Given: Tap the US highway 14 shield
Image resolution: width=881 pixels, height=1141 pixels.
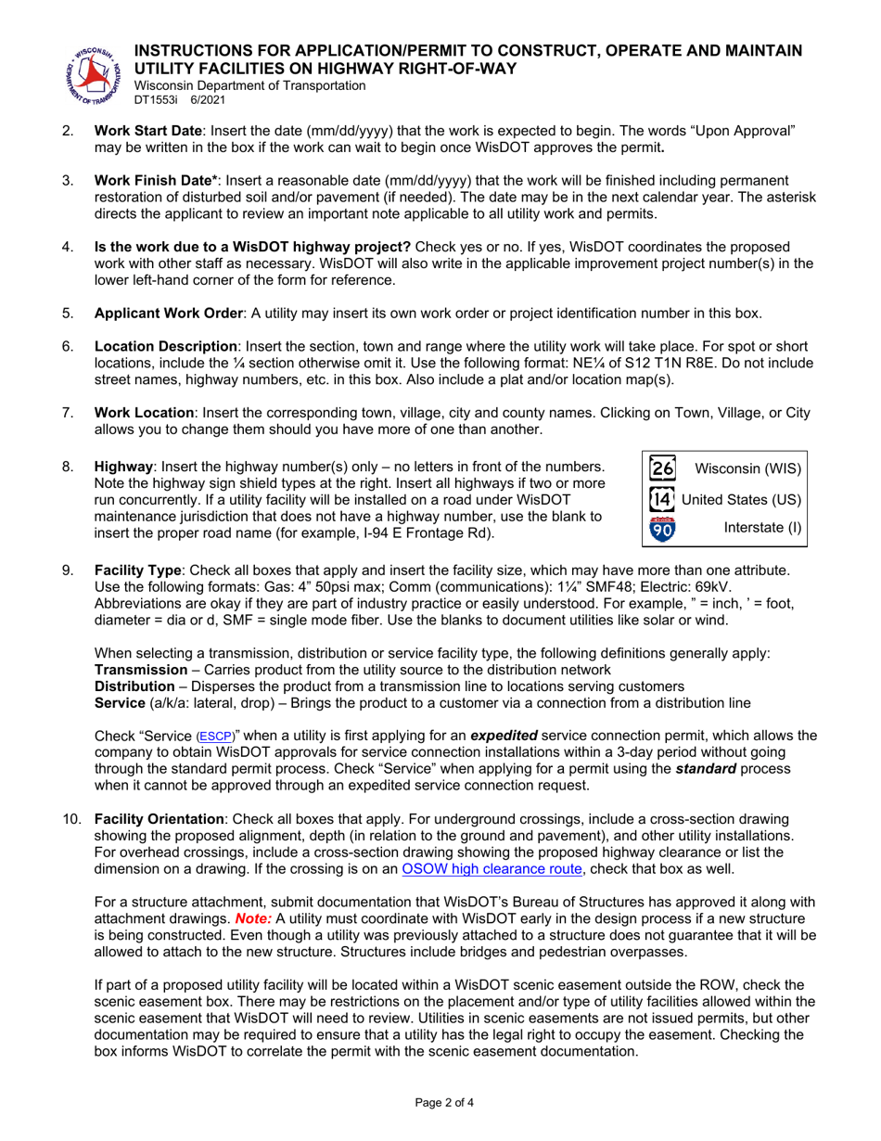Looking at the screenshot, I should tap(662, 499).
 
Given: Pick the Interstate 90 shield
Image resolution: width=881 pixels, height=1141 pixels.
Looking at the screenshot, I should tap(662, 530).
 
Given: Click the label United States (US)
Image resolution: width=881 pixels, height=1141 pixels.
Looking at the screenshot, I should tap(741, 499).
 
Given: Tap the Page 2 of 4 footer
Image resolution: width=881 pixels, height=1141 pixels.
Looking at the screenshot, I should tap(440, 1103).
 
